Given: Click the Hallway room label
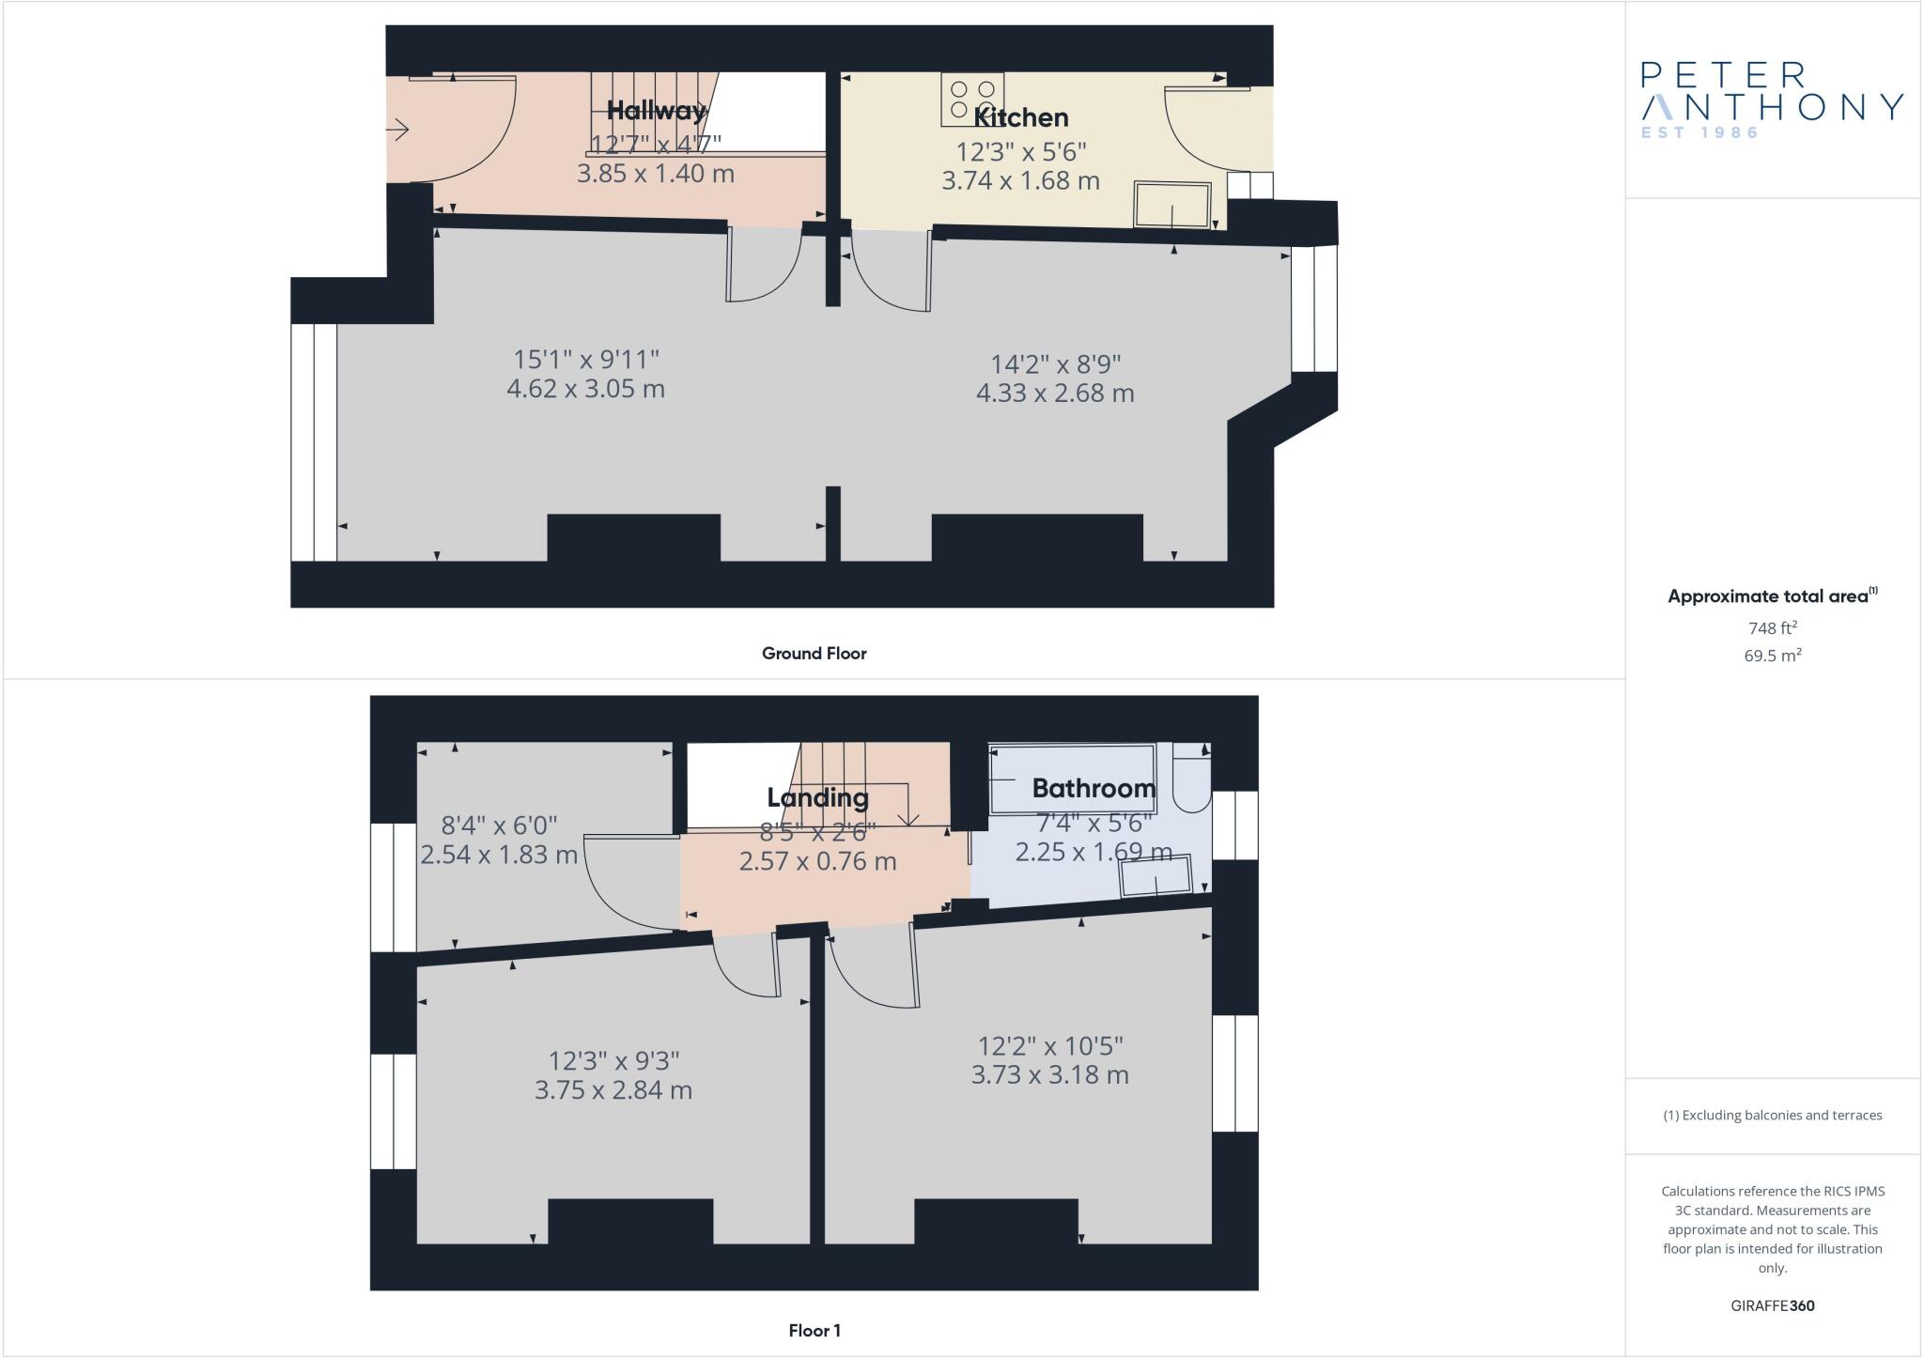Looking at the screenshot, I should pos(656,111).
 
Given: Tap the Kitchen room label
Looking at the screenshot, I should pos(1021,118).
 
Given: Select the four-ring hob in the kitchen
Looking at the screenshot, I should pos(971,99).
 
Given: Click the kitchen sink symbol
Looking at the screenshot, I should pos(1171,205).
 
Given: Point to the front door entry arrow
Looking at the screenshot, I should pos(398,130).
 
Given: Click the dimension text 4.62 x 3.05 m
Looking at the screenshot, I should pos(585,389).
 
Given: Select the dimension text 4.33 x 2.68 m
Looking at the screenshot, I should pos(1055,393).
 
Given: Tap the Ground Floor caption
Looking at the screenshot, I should pos(814,654).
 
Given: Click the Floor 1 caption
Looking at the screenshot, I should pos(815,1331).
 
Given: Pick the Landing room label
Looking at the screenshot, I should pos(817,798).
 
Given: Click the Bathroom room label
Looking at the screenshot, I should pos(1094,789).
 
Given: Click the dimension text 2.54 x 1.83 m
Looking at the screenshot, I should pos(498,856).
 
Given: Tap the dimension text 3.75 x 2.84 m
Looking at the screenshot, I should pos(613,1090).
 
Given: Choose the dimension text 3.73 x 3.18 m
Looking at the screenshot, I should pos(1049,1075).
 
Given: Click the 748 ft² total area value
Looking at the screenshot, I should pos(1772,628).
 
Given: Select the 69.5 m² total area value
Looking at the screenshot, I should pos(1772,656).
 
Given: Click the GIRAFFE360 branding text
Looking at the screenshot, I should pos(1772,1305).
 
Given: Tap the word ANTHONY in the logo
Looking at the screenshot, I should pos(1772,107).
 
